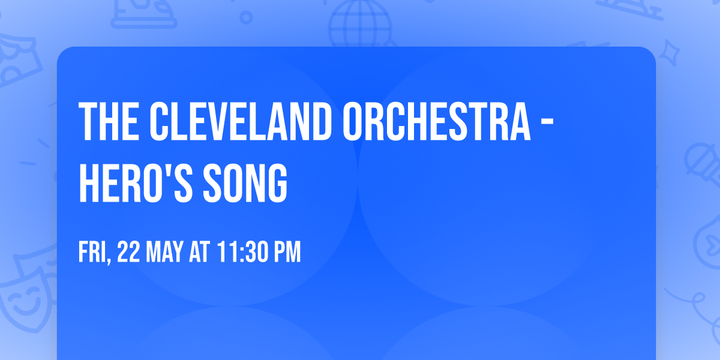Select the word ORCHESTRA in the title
click(437, 122)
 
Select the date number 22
click(129, 253)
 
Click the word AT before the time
click(199, 253)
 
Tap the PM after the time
click(286, 253)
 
